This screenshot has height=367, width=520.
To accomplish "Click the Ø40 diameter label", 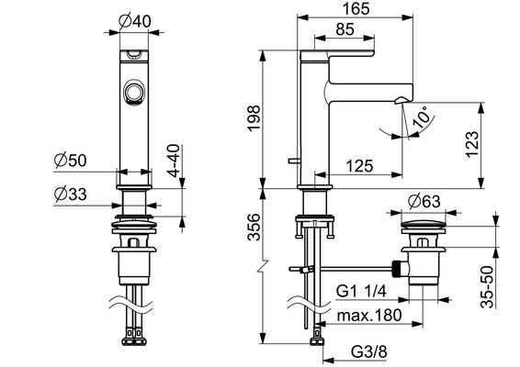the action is pos(134,21).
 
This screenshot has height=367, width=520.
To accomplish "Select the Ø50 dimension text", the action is pos(70,161).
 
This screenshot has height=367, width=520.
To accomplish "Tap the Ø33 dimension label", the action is pos(70,195).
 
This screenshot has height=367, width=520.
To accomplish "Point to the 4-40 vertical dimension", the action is pos(174,161).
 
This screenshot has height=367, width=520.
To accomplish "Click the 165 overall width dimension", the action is pos(356,8).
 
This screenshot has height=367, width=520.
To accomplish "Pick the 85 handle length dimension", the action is pos(345,29).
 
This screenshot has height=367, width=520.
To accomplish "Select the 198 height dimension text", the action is pos(254,118).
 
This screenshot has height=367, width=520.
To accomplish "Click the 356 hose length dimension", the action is pos(254,227).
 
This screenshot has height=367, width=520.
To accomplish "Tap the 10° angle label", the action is pos(424,117).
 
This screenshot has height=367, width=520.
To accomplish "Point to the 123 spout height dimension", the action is pos(472,144).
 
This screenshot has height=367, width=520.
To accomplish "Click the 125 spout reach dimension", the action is pos(359,166).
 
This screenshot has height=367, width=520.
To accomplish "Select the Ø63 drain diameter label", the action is pos(424,201).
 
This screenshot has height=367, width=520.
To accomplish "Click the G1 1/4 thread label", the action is pos(361,292).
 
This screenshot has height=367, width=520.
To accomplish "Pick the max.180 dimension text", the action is pos(369,316).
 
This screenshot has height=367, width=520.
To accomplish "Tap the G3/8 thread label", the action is pos(368,351).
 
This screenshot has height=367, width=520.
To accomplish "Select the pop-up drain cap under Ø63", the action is pos(424,224).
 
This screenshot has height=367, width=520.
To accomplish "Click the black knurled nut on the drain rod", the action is pos(397,269).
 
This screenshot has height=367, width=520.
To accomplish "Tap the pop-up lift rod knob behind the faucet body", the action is pos(293,161).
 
